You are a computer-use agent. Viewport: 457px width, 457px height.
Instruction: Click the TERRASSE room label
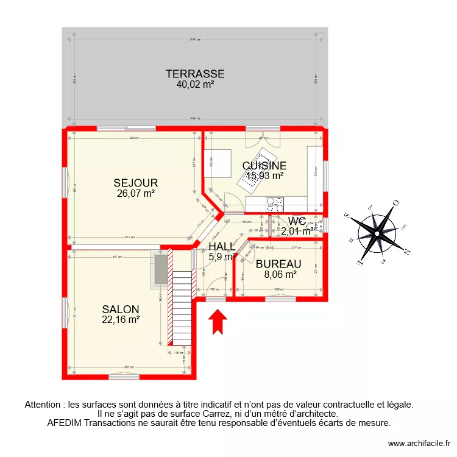click(195, 74)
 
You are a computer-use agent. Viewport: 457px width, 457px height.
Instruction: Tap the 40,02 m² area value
click(195, 85)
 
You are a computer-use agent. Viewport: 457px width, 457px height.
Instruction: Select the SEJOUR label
click(136, 183)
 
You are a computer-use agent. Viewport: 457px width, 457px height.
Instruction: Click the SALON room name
click(121, 309)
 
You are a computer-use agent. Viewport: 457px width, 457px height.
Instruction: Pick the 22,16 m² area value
click(121, 319)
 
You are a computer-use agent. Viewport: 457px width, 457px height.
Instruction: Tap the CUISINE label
click(264, 166)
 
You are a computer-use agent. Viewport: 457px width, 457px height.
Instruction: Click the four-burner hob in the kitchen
click(275, 203)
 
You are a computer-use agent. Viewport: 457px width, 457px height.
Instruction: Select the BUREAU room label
click(278, 264)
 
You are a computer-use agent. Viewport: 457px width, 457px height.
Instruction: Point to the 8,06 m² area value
click(280, 274)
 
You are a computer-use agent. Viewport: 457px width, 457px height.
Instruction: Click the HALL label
click(222, 246)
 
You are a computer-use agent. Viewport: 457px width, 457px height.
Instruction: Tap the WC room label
click(296, 221)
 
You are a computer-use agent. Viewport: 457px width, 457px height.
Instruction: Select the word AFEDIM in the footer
click(64, 422)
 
